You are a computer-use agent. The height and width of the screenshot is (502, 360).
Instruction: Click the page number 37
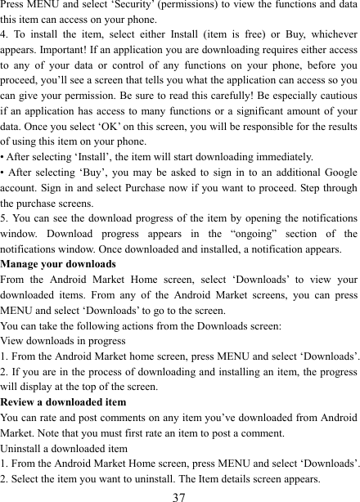click(179, 494)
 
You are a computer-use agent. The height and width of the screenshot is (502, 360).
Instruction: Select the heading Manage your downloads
click(58, 265)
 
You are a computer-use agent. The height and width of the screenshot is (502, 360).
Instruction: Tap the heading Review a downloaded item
click(64, 402)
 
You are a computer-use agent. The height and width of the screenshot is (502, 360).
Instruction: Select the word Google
click(337, 174)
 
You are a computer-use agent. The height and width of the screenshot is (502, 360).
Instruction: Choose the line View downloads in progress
click(63, 341)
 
